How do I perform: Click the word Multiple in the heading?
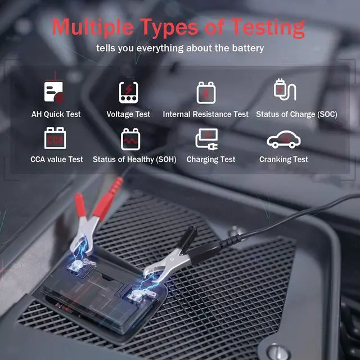pos(94,27)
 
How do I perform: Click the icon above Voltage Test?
pos(128,92)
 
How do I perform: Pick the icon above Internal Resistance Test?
pos(205,92)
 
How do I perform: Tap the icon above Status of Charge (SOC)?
pos(284,91)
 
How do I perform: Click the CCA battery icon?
pos(55,138)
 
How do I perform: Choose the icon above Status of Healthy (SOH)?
pos(130,138)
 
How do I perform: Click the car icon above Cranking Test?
pos(284,139)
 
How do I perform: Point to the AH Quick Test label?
pos(56,114)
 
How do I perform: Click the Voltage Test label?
pos(128,114)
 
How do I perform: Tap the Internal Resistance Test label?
pos(205,114)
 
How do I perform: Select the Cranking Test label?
pos(283,159)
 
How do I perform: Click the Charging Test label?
pos(211,159)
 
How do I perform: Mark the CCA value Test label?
pos(56,159)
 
